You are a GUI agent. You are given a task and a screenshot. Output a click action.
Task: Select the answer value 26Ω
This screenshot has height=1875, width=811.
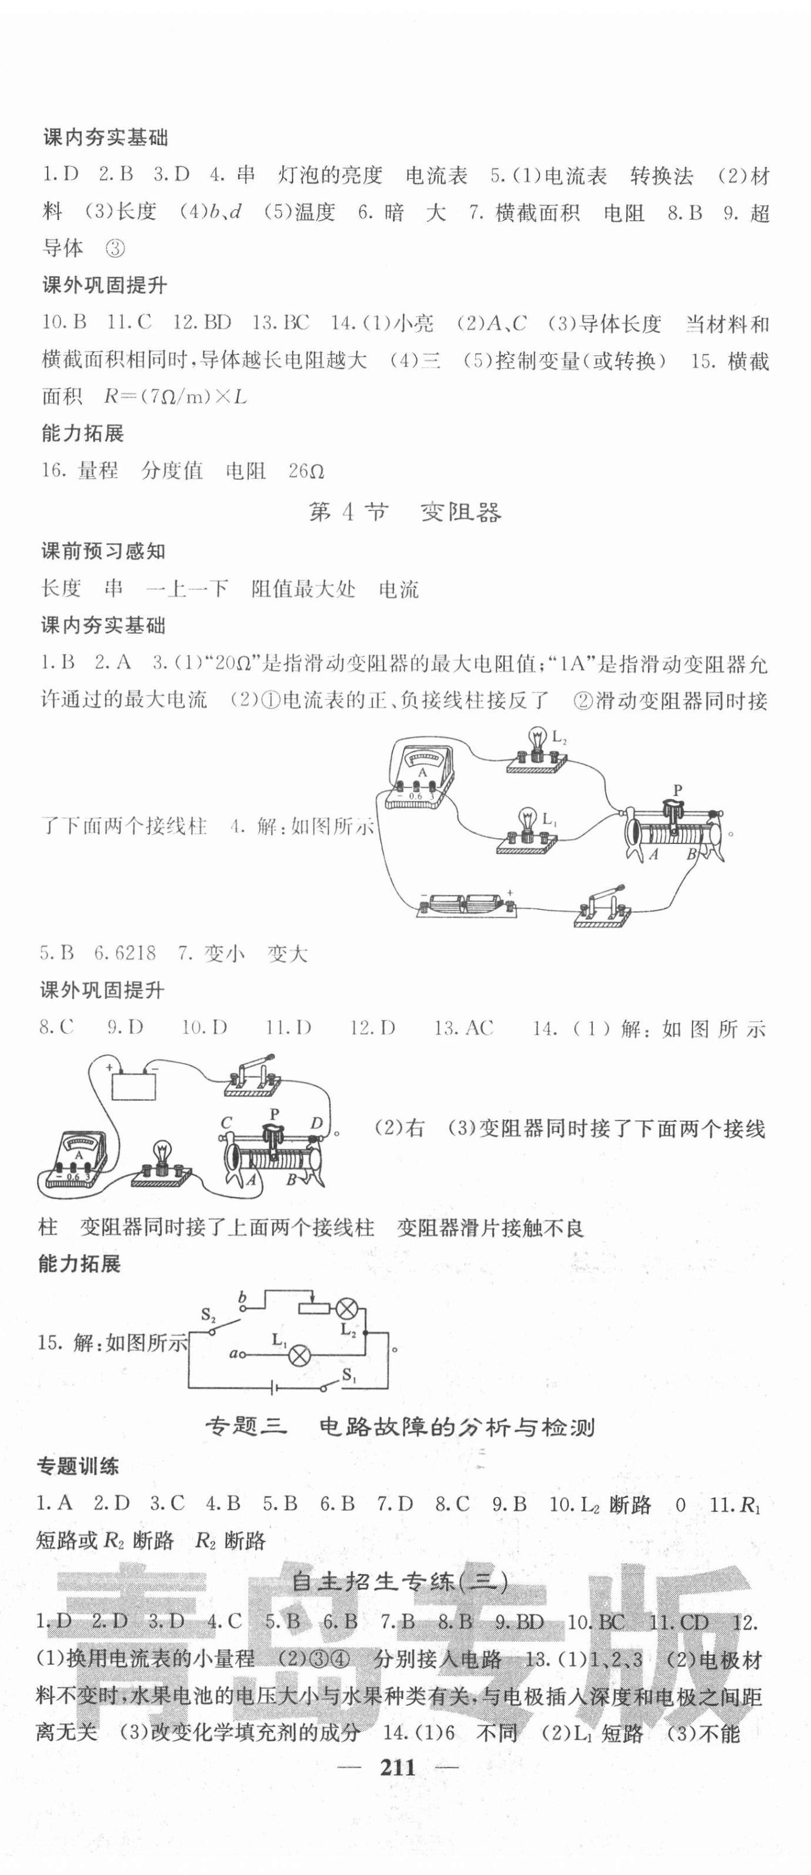306,471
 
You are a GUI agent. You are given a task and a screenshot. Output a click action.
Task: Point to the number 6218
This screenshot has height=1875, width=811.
135,953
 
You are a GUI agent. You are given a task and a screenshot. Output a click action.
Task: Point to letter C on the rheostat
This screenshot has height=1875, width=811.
226,1124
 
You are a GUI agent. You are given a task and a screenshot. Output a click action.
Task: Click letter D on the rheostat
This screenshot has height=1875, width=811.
316,1124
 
